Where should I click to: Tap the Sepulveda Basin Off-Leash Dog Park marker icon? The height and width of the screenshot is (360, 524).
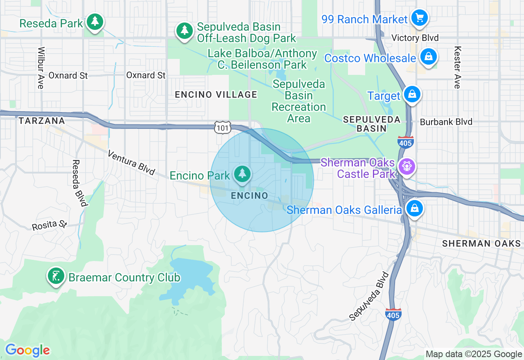tap(185, 31)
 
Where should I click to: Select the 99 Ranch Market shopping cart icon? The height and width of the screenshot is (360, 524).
tap(420, 18)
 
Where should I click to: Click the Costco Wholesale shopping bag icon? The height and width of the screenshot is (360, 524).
tap(428, 57)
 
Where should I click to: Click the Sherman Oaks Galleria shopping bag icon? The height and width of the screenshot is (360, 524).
tap(415, 209)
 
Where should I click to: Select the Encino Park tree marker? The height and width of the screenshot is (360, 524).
tap(242, 174)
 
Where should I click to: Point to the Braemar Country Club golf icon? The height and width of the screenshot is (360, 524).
tap(56, 276)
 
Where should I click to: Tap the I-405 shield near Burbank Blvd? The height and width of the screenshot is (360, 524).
tap(405, 142)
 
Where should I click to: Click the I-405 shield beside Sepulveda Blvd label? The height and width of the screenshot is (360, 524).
tap(393, 314)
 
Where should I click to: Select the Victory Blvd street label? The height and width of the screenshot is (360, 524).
tap(415, 38)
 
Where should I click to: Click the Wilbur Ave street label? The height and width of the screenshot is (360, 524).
tap(41, 68)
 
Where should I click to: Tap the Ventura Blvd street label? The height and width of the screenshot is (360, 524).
tap(131, 162)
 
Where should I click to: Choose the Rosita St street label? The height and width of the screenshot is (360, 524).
tap(50, 225)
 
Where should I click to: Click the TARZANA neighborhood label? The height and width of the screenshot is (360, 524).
tap(42, 121)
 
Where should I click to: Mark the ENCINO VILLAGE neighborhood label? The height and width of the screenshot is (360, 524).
tap(216, 95)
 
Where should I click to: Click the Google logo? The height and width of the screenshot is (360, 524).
tap(27, 350)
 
